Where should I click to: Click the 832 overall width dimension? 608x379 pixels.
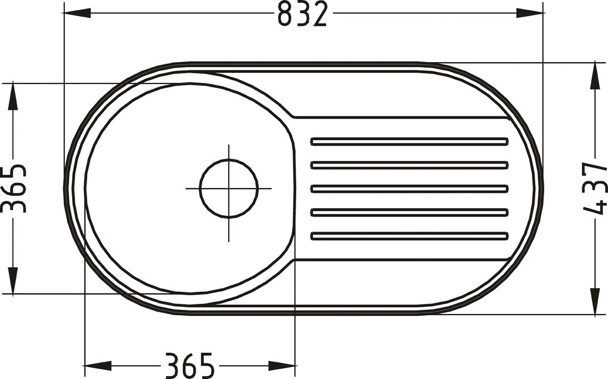click(302, 14)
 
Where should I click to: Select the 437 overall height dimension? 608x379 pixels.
click(595, 188)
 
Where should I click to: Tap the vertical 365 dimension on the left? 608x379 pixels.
click(13, 188)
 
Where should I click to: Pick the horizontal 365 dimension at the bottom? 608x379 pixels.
click(190, 365)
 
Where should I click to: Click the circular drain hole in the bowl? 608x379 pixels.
click(229, 188)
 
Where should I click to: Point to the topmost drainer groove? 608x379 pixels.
click(410, 141)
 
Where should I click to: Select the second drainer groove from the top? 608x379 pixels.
click(410, 165)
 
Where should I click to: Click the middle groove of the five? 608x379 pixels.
click(410, 189)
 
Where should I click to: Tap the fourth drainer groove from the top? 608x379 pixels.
click(410, 212)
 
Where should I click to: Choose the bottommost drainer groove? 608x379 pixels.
click(410, 236)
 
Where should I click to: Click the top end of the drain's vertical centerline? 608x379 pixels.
click(229, 145)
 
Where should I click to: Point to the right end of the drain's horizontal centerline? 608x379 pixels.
click(272, 188)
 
